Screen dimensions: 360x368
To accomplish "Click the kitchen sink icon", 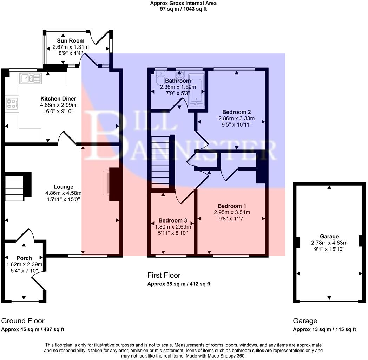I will tap(31, 78).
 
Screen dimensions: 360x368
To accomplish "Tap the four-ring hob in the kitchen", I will tap(12, 104).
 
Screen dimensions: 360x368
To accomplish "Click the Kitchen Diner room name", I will tap(58, 98).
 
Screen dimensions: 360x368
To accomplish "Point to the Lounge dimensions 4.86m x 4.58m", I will tap(63, 193).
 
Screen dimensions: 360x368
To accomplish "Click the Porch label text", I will tap(24, 258).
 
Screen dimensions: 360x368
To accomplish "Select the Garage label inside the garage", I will tap(329, 237).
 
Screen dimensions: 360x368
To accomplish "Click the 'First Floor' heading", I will tap(164, 275).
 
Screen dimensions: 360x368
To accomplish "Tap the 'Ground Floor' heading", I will tap(23, 321).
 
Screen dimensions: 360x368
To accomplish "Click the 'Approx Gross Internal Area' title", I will tap(183, 3).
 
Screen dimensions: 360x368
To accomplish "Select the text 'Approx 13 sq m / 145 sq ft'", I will tap(324, 329).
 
